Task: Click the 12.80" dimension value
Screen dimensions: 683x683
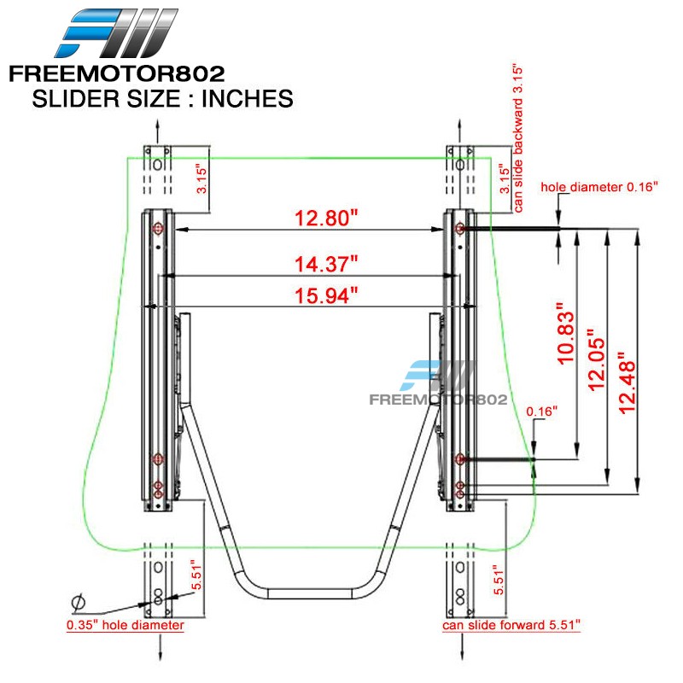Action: pos(326,218)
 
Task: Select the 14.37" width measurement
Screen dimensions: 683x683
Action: pos(326,264)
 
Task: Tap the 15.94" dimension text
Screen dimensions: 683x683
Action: pos(326,295)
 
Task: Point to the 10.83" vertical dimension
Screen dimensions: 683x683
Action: pos(566,333)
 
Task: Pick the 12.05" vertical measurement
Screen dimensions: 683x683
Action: pos(596,359)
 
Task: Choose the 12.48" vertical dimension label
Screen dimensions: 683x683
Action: pos(627,382)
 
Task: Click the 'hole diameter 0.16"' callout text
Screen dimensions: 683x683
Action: pos(599,187)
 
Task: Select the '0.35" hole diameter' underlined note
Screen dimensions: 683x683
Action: pos(125,625)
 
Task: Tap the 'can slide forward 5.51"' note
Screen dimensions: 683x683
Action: pos(511,625)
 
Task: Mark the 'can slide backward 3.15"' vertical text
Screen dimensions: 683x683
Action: pos(517,139)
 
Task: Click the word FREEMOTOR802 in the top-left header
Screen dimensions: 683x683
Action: pos(117,73)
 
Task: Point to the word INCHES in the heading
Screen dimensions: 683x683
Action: pos(247,98)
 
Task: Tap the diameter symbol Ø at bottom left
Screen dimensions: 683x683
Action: pos(78,604)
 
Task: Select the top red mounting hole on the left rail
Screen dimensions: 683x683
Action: pos(158,228)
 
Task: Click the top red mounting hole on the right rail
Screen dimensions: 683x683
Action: pos(459,228)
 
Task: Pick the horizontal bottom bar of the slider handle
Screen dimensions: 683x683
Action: pos(310,593)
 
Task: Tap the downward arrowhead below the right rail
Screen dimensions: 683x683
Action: pos(462,655)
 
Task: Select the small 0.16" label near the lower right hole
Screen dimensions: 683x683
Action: pos(541,412)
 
